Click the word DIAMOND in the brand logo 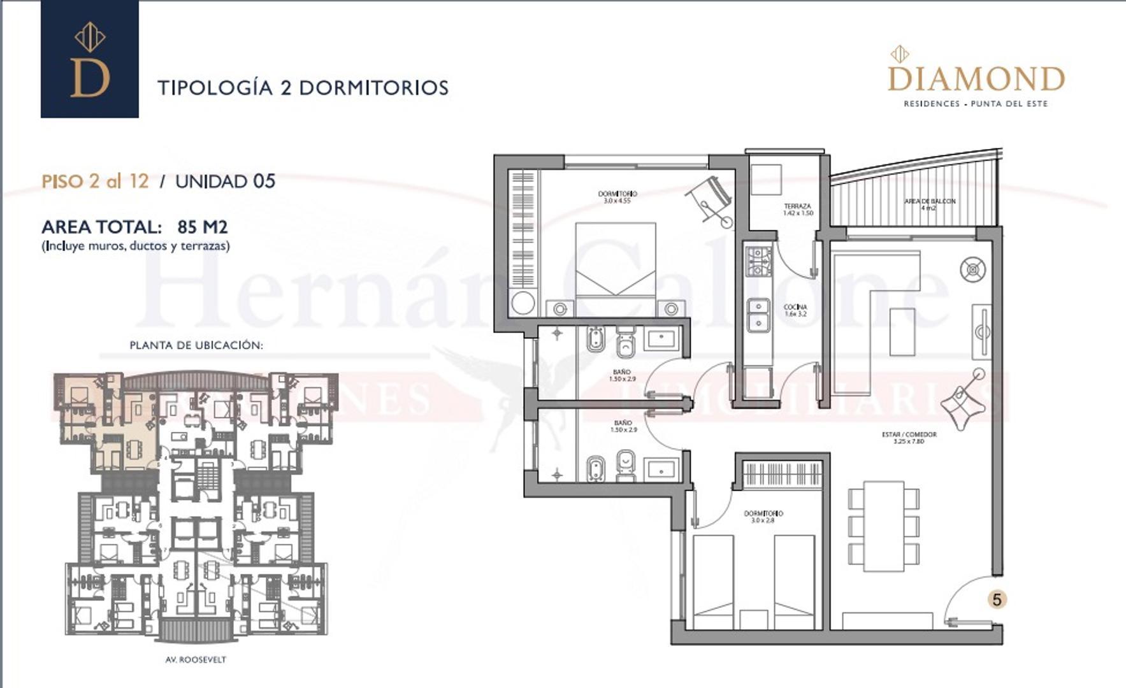[976, 80]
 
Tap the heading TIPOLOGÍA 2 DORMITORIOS [303, 87]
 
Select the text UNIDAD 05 [225, 182]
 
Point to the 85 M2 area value [202, 227]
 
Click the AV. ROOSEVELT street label [195, 660]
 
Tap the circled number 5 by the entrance [997, 599]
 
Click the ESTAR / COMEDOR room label [909, 437]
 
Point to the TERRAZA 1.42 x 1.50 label [797, 209]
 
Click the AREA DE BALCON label [929, 204]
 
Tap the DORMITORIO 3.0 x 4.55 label [617, 197]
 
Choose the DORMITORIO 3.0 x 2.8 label [763, 516]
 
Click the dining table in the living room [883, 526]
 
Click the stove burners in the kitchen [758, 262]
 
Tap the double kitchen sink [758, 315]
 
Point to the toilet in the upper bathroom [626, 344]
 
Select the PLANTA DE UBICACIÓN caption [196, 345]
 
